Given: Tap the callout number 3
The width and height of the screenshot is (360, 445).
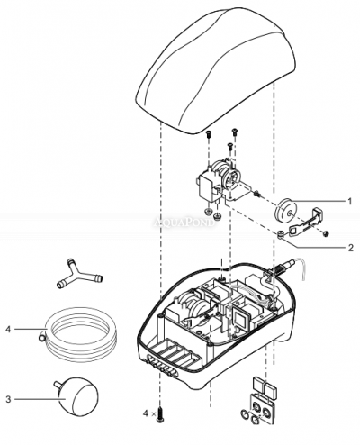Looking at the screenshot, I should [10, 399].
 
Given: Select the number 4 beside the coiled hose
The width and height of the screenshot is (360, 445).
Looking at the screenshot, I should [9, 329].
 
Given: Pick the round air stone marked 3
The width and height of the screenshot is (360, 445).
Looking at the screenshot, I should [70, 393].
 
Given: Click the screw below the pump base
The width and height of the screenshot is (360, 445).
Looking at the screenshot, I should [161, 413].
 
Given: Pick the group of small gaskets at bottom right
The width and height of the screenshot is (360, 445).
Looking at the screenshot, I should [262, 401].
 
